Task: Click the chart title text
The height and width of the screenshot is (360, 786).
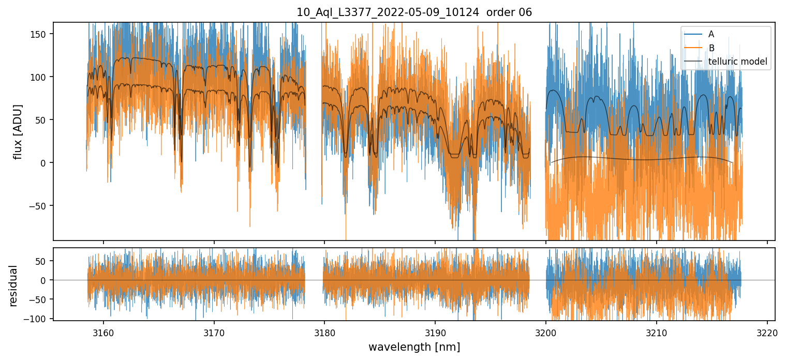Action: pyautogui.click(x=414, y=12)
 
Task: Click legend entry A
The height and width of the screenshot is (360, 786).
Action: pyautogui.click(x=711, y=34)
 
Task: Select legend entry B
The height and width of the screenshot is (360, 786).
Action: pyautogui.click(x=711, y=48)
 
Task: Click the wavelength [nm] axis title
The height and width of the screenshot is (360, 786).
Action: pyautogui.click(x=414, y=347)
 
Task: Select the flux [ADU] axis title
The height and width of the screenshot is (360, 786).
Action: pyautogui.click(x=19, y=131)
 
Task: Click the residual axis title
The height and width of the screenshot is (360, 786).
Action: pyautogui.click(x=13, y=286)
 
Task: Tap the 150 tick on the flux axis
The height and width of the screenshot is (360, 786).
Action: pyautogui.click(x=41, y=34)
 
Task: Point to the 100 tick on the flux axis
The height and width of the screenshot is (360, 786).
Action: pyautogui.click(x=41, y=77)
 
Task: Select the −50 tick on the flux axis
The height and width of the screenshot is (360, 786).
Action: pyautogui.click(x=40, y=206)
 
